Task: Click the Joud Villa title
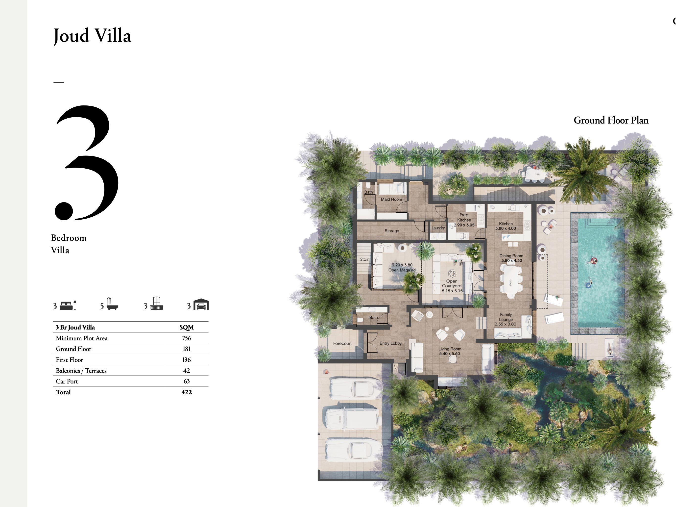[92, 36]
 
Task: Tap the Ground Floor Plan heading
[611, 120]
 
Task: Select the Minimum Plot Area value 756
[186, 338]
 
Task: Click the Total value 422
[186, 392]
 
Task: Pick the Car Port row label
[67, 381]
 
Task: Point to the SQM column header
[186, 327]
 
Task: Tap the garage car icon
[201, 304]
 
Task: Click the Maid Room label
[391, 199]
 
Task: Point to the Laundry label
[438, 228]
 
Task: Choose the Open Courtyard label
[452, 286]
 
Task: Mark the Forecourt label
[342, 343]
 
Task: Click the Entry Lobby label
[390, 343]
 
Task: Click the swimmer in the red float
[593, 261]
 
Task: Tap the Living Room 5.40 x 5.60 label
[450, 351]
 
